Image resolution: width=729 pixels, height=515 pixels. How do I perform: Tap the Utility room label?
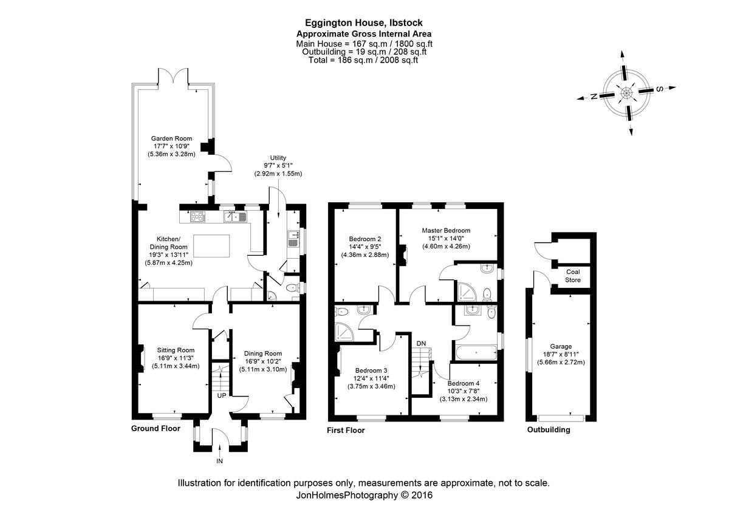[278, 157]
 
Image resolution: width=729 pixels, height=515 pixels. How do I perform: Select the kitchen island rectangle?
[211, 246]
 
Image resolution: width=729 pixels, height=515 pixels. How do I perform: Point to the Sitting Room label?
[176, 350]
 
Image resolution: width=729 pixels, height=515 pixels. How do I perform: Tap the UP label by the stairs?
[222, 395]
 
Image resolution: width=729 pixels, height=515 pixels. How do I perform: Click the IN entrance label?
[219, 462]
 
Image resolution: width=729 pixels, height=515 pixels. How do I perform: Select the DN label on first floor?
[421, 344]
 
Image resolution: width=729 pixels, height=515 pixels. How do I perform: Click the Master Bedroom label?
[446, 230]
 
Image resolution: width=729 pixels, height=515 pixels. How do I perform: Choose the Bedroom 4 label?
[463, 383]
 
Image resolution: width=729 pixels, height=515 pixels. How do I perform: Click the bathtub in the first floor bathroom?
[476, 351]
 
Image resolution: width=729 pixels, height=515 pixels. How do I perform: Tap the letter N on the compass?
[593, 97]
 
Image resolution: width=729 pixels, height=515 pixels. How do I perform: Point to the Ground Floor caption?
[156, 428]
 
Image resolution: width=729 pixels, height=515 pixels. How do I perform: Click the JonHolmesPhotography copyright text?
[364, 495]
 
